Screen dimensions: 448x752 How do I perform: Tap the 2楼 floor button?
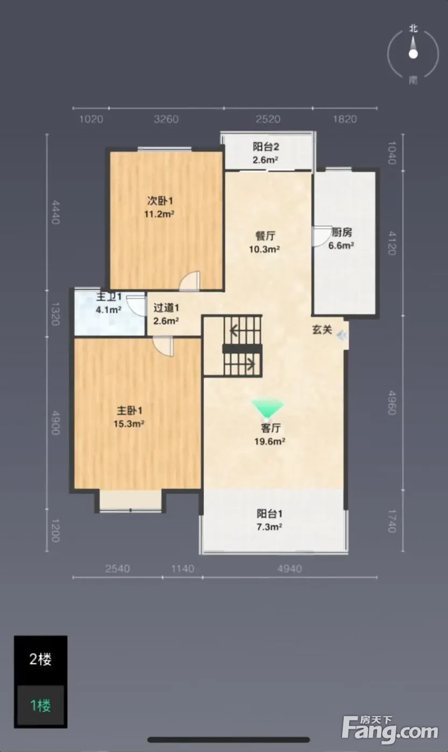(40, 660)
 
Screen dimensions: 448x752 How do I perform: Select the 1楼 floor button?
(40, 705)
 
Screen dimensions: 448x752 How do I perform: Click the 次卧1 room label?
(160, 201)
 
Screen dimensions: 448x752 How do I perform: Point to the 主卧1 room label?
(130, 410)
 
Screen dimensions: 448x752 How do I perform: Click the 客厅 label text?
(271, 428)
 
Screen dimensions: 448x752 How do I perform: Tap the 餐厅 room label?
(266, 236)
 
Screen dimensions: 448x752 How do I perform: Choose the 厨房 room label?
(342, 232)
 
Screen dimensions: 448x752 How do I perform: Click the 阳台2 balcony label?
(266, 147)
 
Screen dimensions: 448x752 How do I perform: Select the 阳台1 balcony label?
(269, 514)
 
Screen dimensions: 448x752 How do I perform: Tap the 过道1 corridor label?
(166, 307)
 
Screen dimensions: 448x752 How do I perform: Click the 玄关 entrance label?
(322, 330)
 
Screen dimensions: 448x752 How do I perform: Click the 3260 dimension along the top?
(166, 119)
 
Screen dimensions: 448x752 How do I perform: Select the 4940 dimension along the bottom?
(289, 569)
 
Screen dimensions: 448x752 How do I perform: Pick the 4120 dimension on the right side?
(392, 243)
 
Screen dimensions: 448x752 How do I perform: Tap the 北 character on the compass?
(414, 29)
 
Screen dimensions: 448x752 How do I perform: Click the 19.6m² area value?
(270, 441)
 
